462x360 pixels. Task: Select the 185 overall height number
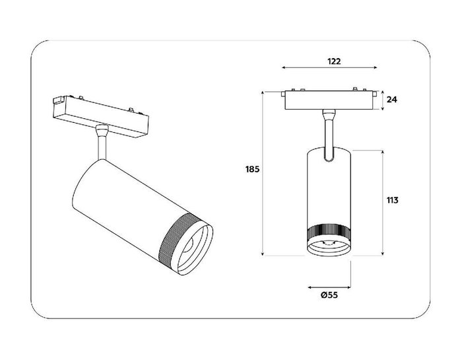point(251,169)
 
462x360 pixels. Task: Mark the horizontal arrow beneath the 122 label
point(330,68)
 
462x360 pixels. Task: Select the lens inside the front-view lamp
point(328,248)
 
